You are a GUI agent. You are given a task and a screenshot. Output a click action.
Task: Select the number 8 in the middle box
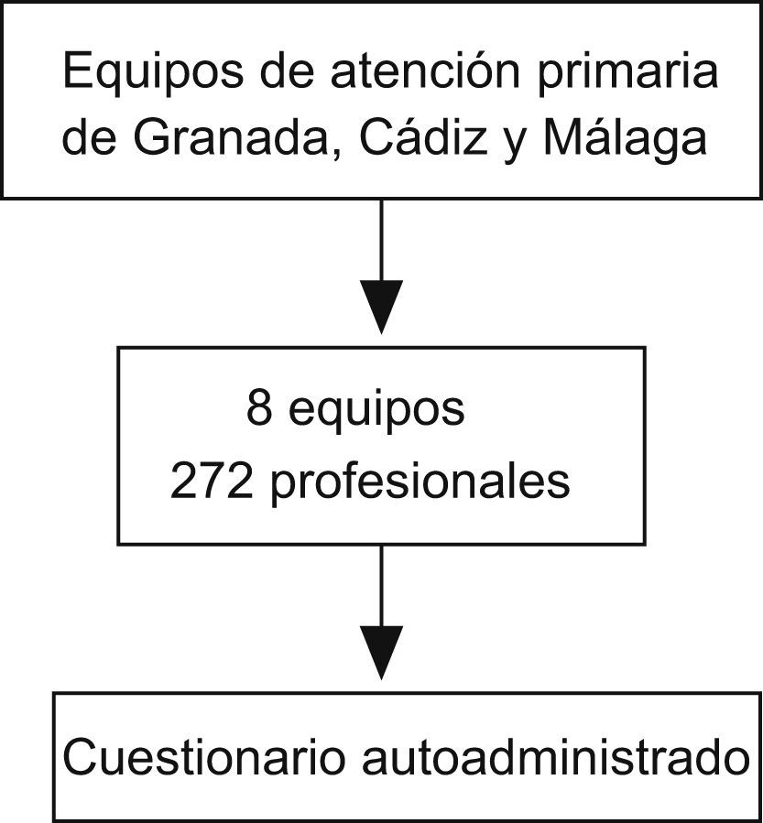(x=259, y=409)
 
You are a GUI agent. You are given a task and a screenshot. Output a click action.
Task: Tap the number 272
(x=212, y=481)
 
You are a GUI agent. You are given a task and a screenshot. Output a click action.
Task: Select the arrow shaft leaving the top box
(x=380, y=238)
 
